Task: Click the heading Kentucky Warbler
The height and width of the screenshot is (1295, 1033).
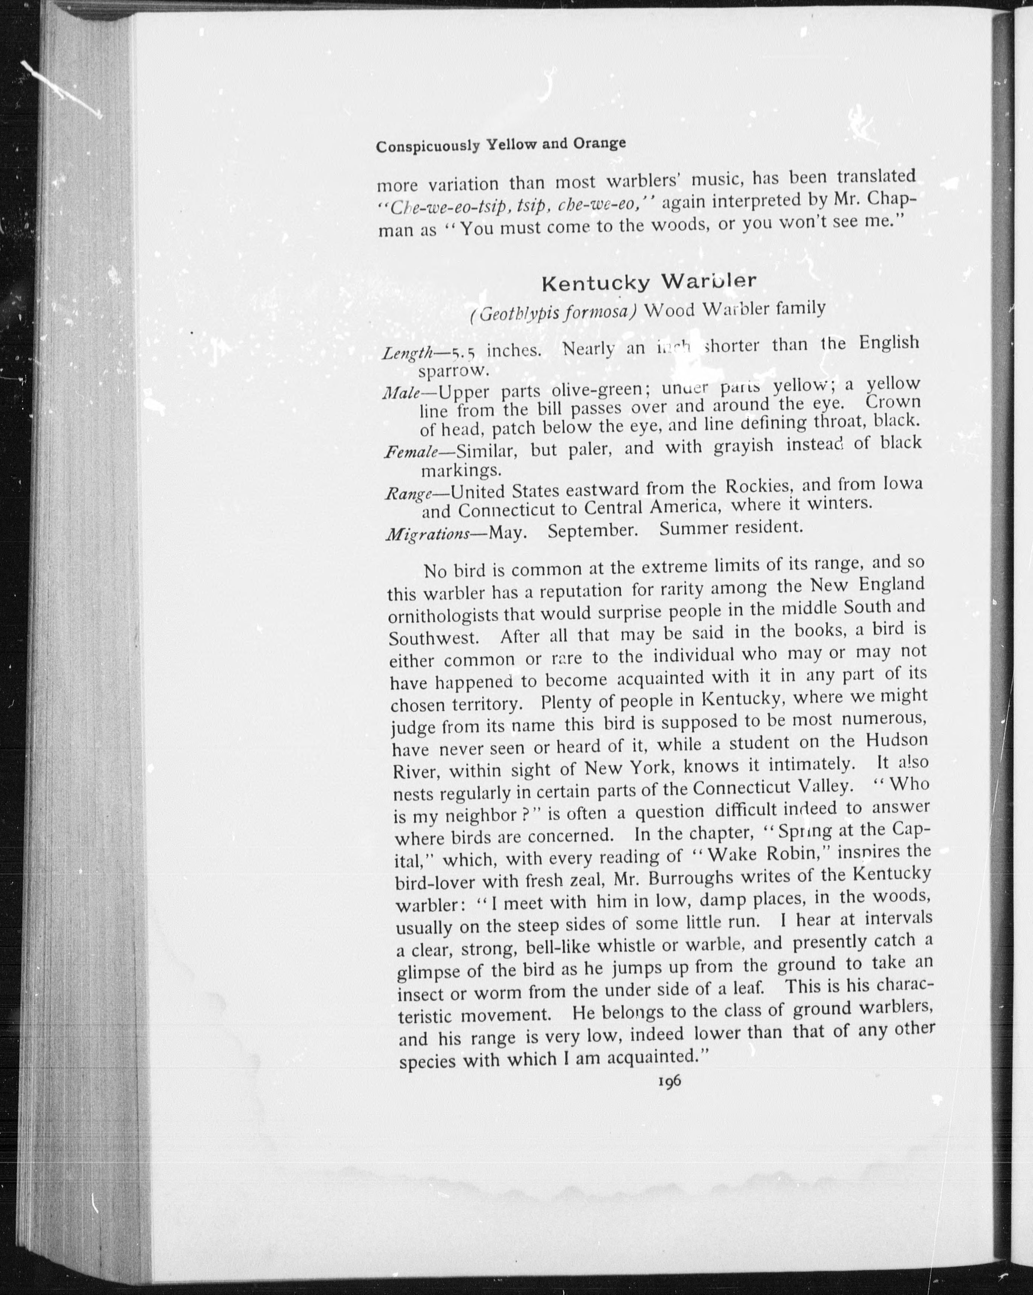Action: (649, 282)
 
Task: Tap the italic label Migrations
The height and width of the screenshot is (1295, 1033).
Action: (427, 534)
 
